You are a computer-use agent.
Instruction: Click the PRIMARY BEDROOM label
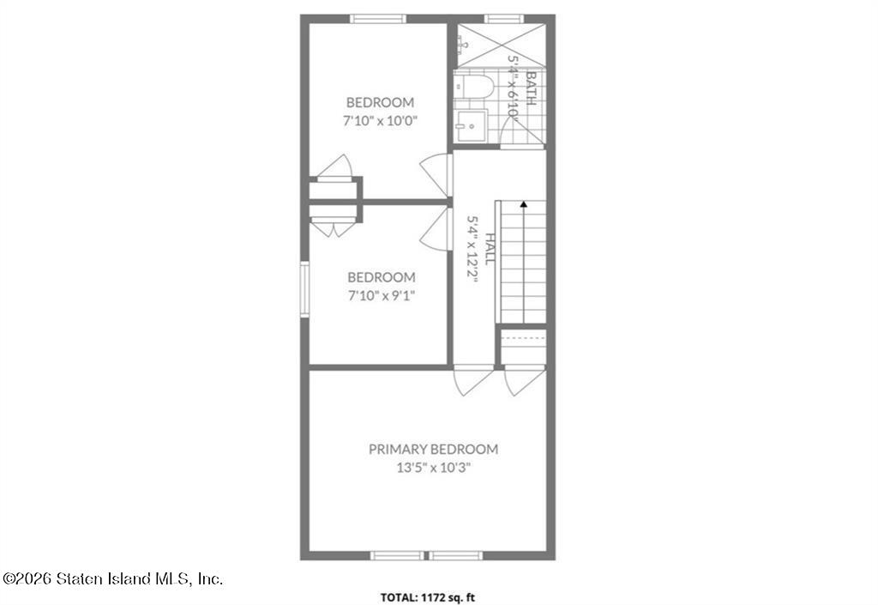click(433, 450)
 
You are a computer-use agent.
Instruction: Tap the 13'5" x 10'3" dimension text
click(433, 468)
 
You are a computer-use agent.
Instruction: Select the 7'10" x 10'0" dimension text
click(380, 120)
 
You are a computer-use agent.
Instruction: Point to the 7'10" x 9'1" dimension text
click(381, 295)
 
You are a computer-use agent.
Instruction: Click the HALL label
click(490, 249)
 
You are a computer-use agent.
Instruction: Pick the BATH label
click(531, 88)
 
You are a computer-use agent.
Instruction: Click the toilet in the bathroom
click(474, 87)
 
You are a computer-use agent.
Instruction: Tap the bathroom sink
click(471, 126)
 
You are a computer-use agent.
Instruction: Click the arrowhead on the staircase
click(524, 204)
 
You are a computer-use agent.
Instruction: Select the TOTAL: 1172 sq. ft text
click(428, 598)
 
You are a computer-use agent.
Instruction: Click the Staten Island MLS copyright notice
click(112, 578)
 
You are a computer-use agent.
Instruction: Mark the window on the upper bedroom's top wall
click(378, 19)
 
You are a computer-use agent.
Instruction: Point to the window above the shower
click(504, 19)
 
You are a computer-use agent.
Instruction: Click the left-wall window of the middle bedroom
click(304, 289)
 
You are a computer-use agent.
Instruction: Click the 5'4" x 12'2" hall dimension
click(473, 249)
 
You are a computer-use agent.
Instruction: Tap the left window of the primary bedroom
click(397, 556)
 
